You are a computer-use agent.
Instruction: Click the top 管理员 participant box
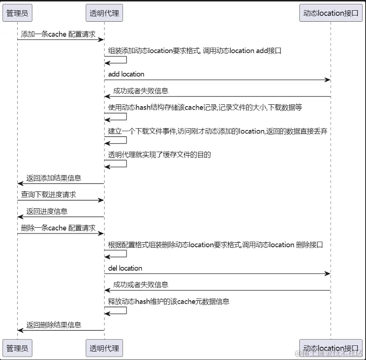(18, 13)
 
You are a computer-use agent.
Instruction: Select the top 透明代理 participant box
(104, 13)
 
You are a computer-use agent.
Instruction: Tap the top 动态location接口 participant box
(330, 13)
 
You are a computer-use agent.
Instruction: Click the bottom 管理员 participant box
(18, 348)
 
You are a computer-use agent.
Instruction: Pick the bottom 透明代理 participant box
(104, 348)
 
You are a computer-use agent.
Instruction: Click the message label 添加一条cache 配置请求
(58, 34)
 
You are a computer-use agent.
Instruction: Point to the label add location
(126, 74)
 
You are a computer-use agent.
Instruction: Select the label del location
(125, 268)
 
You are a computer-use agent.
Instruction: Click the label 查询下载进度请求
(48, 195)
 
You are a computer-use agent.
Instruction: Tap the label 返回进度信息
(47, 211)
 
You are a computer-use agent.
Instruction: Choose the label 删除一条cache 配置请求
(58, 228)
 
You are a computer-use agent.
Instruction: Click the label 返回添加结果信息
(53, 178)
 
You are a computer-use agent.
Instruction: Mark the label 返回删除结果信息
(53, 325)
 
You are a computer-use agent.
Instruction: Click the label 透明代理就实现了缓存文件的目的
(160, 154)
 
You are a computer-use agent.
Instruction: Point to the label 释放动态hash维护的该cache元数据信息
(169, 302)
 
